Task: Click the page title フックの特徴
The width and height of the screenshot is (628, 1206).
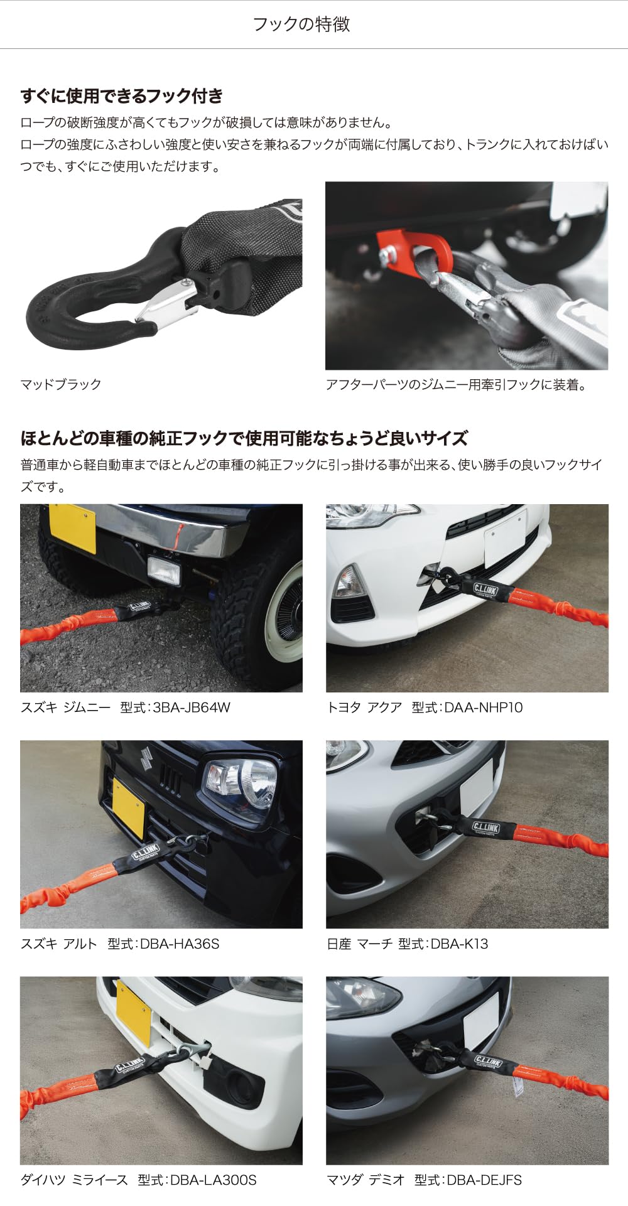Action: tap(301, 24)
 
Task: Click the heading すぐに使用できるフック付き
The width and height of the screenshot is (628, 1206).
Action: tap(122, 96)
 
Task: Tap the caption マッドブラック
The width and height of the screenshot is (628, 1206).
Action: tap(61, 384)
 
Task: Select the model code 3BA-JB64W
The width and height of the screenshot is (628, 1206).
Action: tap(192, 708)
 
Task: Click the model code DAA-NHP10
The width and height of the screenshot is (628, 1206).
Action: tap(484, 708)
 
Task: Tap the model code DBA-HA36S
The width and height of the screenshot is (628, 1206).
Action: tap(180, 944)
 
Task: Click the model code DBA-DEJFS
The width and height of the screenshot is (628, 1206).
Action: tap(484, 1180)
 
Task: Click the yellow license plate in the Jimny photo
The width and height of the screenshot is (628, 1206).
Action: tap(73, 527)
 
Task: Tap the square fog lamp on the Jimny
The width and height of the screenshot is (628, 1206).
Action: tap(164, 570)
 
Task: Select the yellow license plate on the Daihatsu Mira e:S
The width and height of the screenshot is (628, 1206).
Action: tap(134, 1013)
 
